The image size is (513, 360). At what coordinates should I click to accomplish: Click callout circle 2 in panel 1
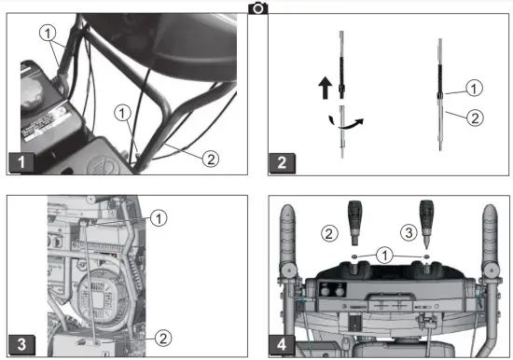211,158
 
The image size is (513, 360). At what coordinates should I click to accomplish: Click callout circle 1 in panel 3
159,217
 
